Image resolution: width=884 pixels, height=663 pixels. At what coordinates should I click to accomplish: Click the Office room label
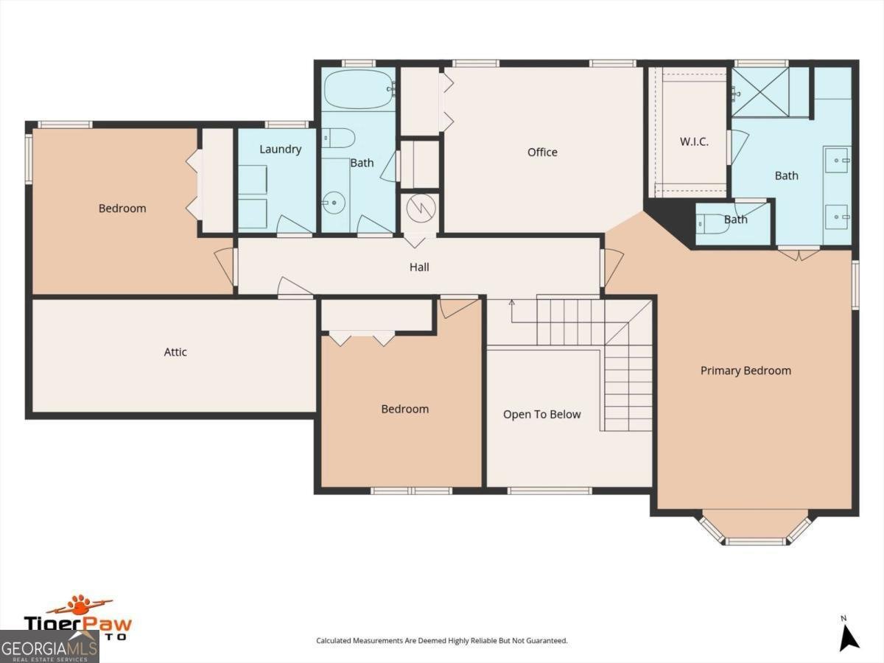(x=542, y=152)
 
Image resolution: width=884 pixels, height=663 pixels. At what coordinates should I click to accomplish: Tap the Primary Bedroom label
(x=746, y=371)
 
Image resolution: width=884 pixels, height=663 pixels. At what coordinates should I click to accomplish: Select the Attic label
(x=175, y=352)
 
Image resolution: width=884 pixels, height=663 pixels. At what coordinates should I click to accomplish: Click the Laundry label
(x=280, y=150)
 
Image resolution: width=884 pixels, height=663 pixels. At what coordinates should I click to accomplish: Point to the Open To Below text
(x=541, y=415)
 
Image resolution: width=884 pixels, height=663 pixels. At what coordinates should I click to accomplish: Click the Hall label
(x=419, y=267)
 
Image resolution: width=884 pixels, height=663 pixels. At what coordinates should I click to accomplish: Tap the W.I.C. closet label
(x=693, y=141)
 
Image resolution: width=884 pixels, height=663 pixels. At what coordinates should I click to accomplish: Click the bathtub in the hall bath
(x=359, y=90)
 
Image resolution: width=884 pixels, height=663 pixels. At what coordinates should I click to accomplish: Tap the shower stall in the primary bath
(x=760, y=91)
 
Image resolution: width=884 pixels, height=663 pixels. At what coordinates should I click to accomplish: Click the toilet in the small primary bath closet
(x=713, y=223)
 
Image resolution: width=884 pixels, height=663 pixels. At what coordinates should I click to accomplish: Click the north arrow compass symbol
(x=849, y=637)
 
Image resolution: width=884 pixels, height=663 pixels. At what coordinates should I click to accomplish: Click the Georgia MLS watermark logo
(x=49, y=649)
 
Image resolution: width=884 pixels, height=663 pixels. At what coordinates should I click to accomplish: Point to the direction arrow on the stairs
(x=512, y=304)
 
